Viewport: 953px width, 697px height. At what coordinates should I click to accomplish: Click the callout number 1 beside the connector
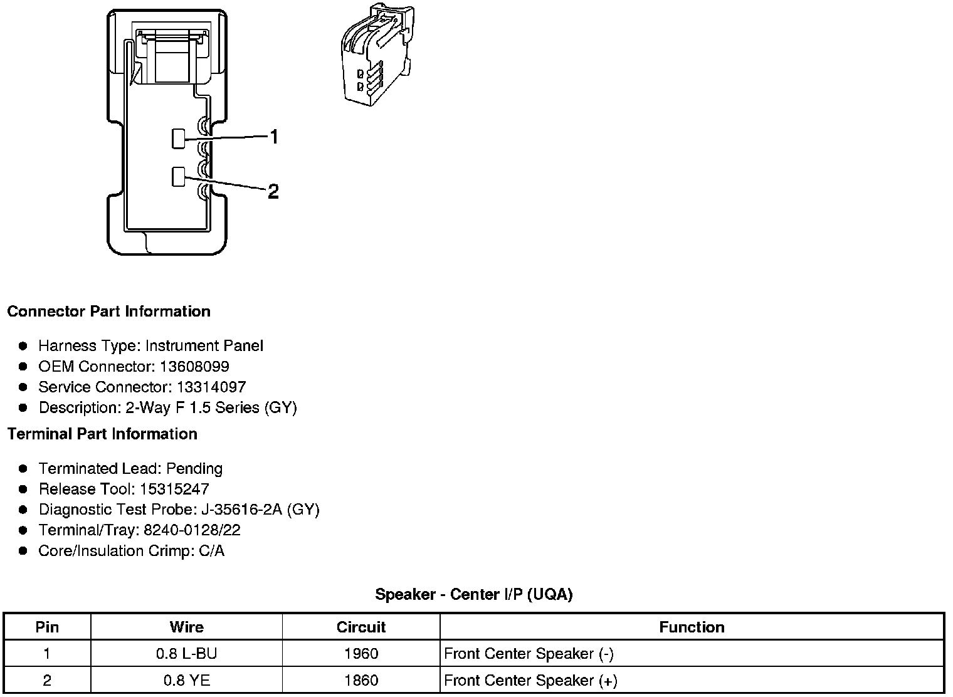[274, 136]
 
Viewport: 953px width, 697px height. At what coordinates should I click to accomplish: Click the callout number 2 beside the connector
[273, 191]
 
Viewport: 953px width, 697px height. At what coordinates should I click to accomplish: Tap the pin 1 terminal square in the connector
[179, 139]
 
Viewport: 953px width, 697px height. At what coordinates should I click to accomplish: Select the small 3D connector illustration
[375, 54]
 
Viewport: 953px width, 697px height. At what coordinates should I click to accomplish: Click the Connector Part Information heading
[108, 312]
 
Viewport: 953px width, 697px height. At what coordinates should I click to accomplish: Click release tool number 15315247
[172, 489]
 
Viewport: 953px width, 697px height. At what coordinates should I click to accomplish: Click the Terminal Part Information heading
[102, 434]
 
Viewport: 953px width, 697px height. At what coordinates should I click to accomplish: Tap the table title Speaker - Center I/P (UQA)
[474, 594]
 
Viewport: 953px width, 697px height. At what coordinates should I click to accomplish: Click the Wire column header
[186, 627]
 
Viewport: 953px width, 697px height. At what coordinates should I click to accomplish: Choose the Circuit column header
[361, 627]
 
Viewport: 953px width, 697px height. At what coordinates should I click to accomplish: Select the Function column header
[692, 627]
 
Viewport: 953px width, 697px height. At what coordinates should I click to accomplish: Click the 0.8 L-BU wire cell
[186, 654]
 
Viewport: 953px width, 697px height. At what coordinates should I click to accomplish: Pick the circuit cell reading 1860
[361, 680]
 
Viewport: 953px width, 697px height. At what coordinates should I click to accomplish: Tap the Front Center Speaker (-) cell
[529, 654]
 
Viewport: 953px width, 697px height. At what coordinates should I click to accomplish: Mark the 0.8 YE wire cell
[186, 680]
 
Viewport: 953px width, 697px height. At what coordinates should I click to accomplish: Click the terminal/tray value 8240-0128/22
[192, 530]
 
